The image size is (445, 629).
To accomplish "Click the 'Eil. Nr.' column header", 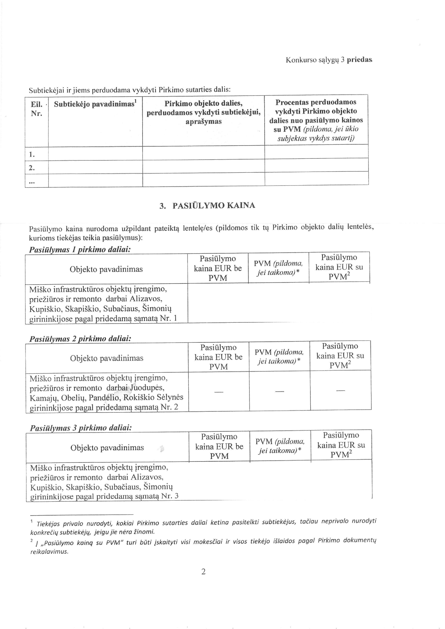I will pyautogui.click(x=36, y=109).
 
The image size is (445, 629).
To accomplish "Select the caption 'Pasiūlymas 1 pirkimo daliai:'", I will pyautogui.click(x=79, y=250).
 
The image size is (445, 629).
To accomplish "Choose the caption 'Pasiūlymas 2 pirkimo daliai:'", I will pyautogui.click(x=80, y=339).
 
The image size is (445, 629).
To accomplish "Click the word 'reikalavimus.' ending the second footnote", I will pyautogui.click(x=49, y=552).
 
